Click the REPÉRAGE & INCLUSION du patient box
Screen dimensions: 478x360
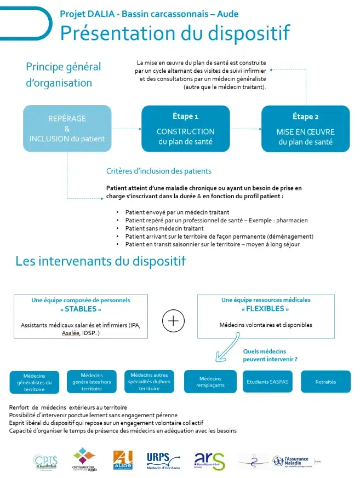tap(67, 128)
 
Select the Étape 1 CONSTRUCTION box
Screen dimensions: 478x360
tap(185, 128)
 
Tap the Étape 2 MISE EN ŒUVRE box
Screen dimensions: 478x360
tap(305, 128)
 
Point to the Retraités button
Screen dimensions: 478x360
tap(325, 382)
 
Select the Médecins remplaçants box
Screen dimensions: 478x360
tap(210, 382)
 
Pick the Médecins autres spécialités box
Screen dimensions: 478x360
tap(149, 381)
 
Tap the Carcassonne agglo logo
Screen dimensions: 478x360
tap(84, 459)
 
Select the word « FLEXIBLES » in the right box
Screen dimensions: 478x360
tap(266, 308)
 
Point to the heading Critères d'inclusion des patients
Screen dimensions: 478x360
tap(159, 171)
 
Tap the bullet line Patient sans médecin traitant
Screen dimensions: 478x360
tap(164, 228)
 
